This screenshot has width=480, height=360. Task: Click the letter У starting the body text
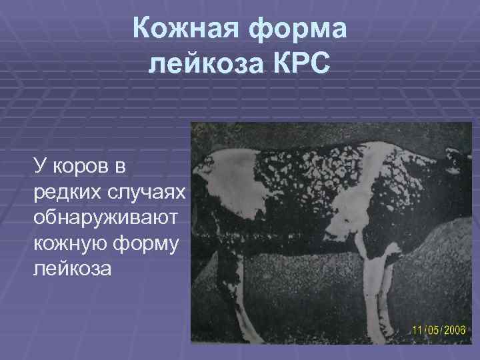point(39,165)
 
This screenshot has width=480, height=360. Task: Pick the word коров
point(79,165)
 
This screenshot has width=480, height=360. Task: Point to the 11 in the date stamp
point(417,331)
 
